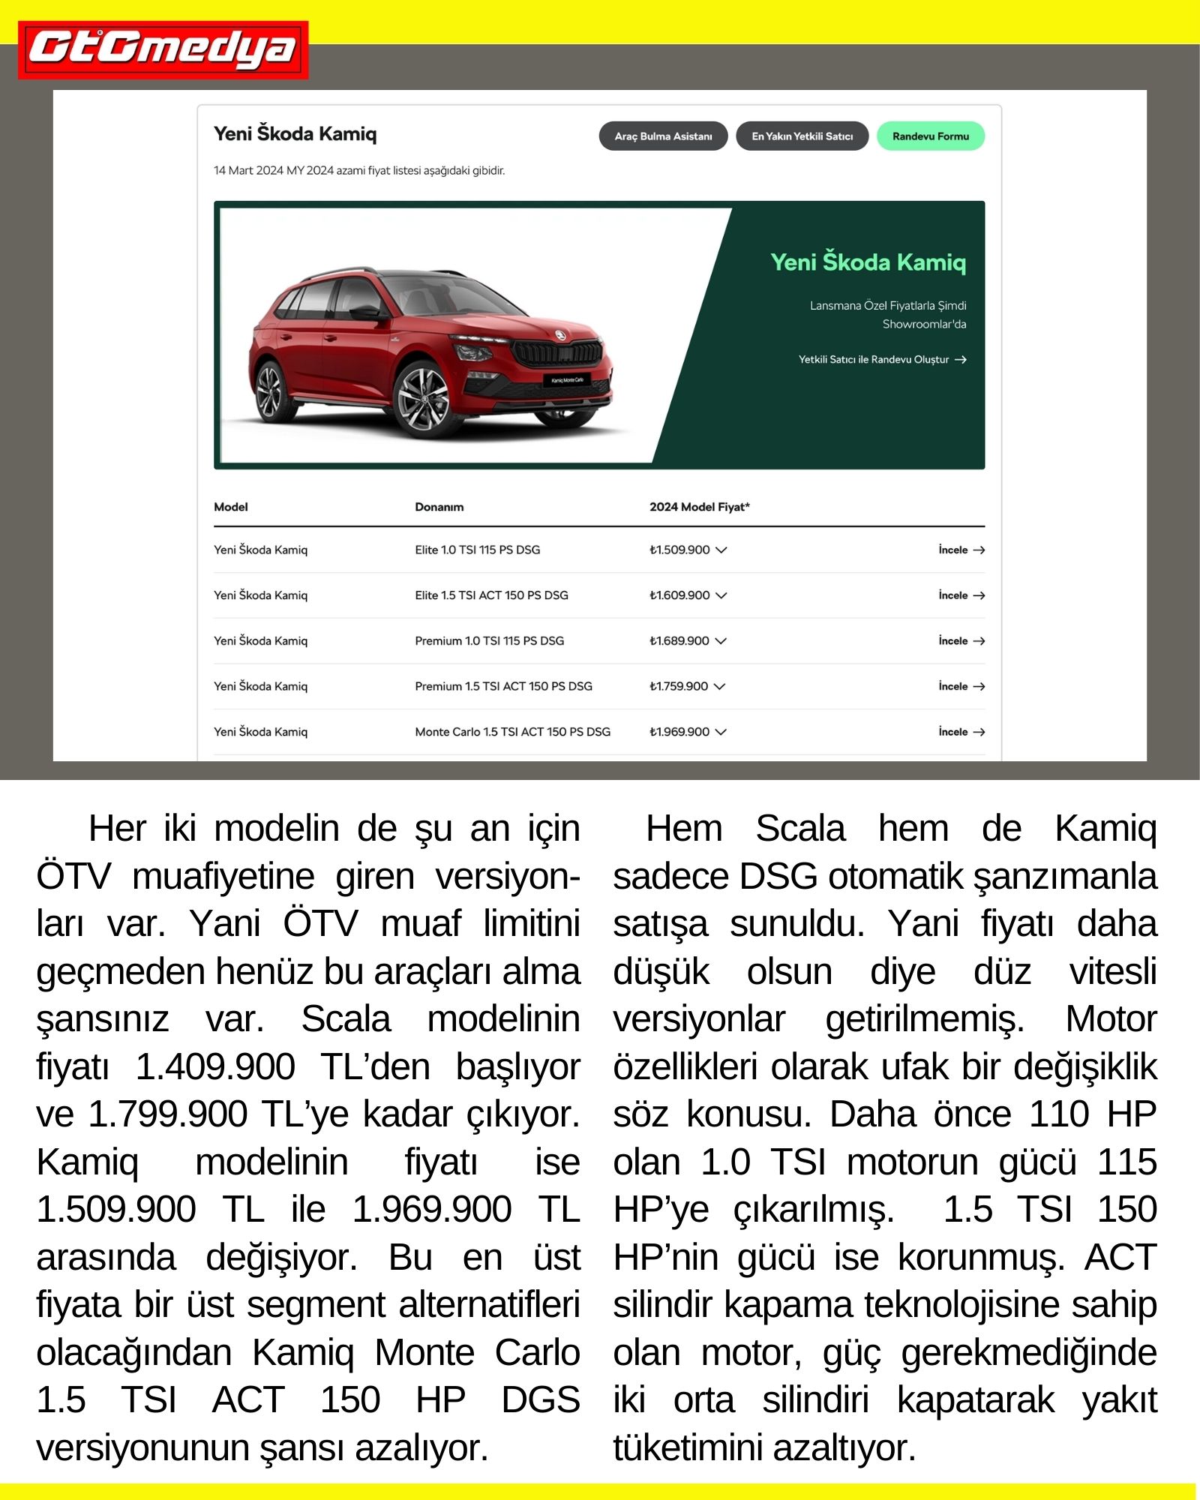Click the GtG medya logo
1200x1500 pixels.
[163, 49]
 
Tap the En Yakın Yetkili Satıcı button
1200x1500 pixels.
[802, 136]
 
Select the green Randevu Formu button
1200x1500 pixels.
[930, 136]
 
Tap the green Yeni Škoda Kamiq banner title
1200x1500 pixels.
[868, 262]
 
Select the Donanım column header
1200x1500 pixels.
[439, 507]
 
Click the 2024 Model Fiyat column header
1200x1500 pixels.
[699, 507]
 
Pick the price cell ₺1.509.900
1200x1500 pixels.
[679, 550]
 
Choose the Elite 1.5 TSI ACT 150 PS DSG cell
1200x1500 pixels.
[491, 595]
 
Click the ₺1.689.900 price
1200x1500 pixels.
[679, 641]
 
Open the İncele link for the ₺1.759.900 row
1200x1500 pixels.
[961, 686]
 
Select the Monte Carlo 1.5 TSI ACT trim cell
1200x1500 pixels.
[512, 732]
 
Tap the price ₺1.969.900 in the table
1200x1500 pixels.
[679, 732]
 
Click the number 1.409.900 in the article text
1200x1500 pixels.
[215, 1066]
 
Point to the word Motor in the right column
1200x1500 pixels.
[1111, 1019]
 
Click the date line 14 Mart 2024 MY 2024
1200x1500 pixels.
[358, 171]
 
